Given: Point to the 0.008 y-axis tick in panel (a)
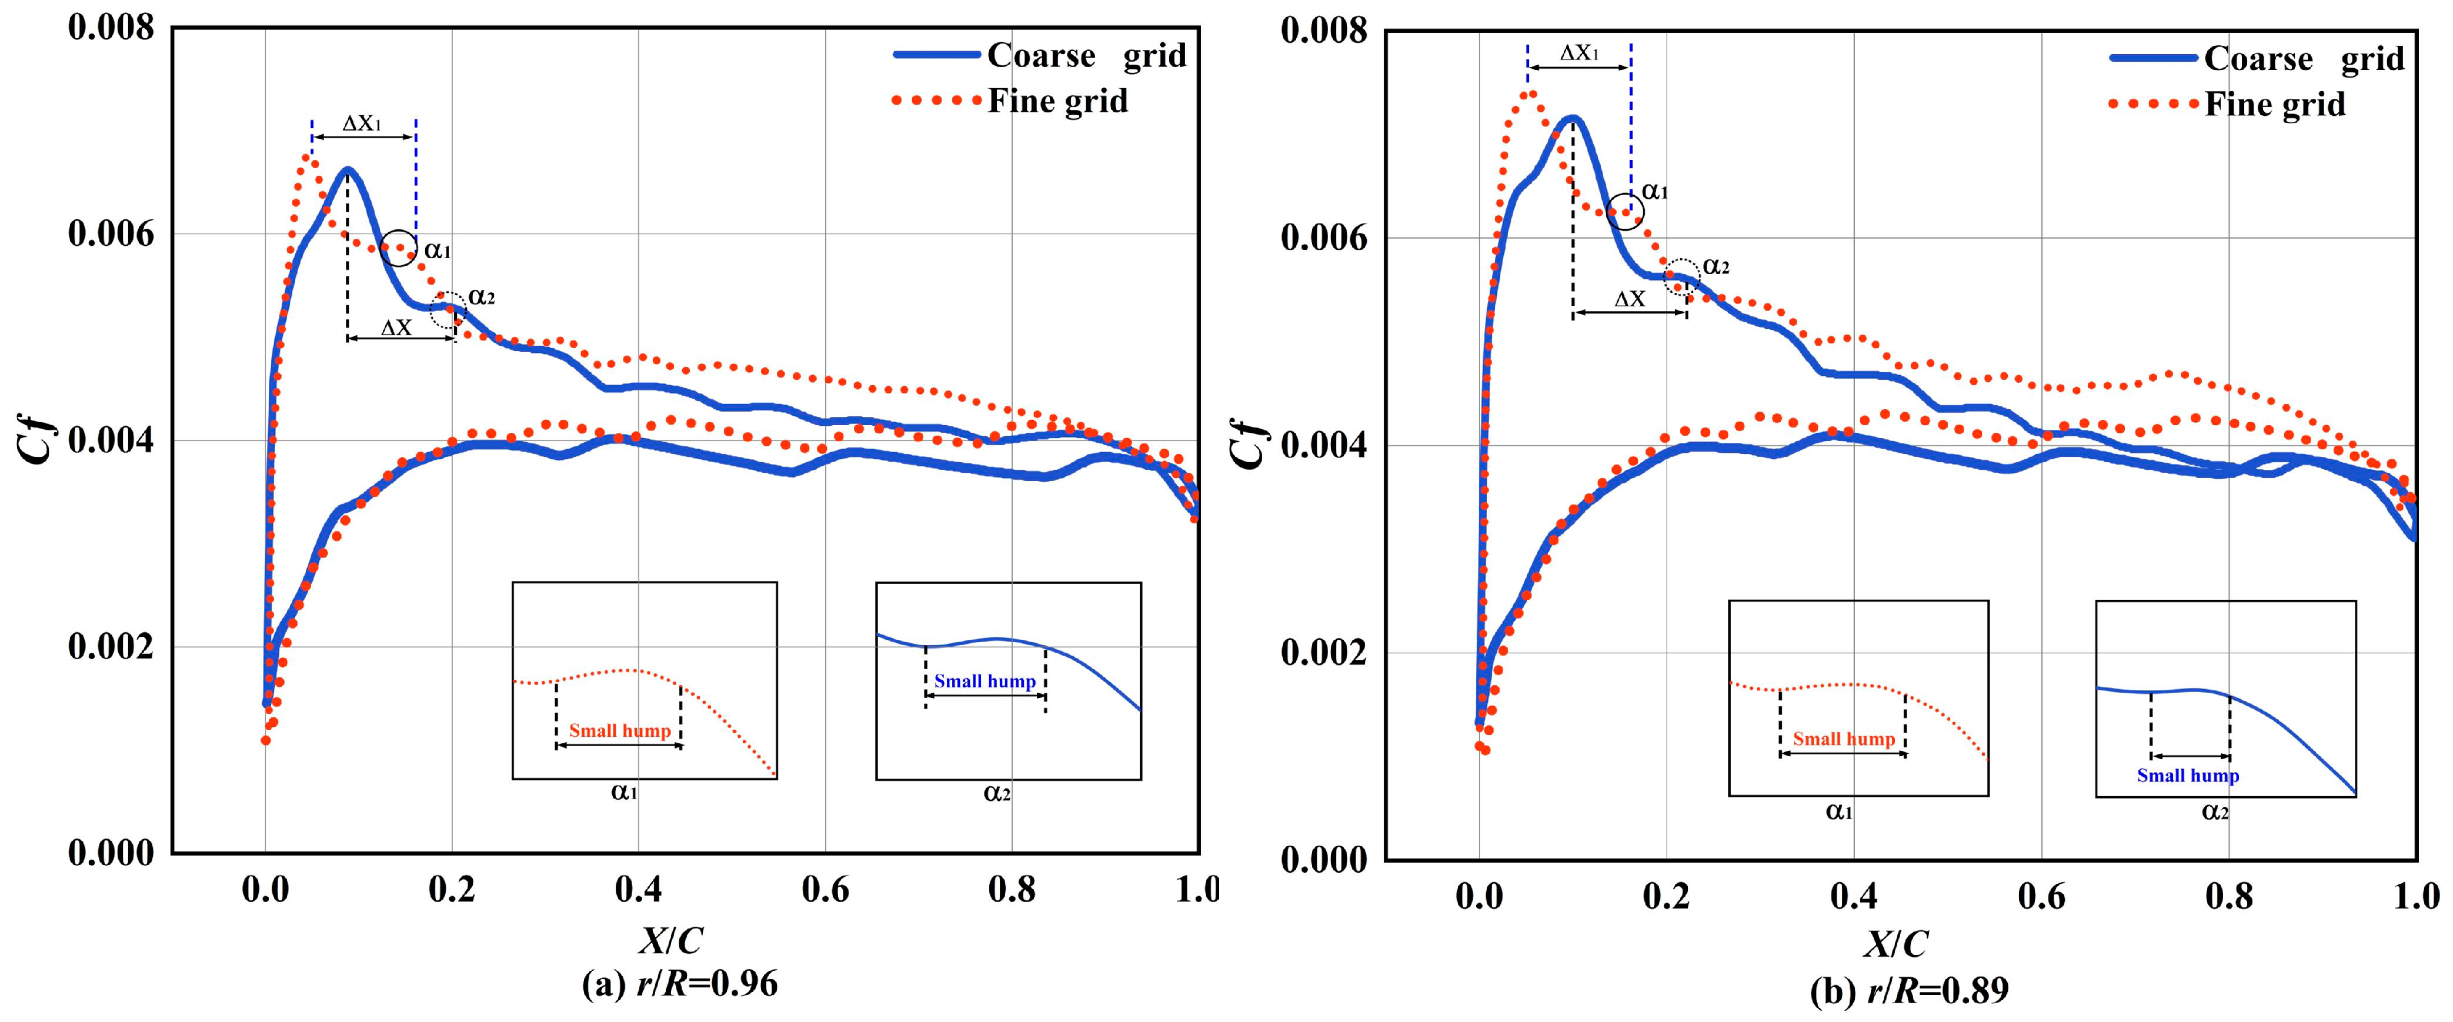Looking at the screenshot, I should point(111,29).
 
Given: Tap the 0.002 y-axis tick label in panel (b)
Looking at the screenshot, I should point(1324,653).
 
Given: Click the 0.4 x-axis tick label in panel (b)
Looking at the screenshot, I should point(1853,896).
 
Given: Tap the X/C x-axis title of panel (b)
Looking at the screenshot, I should point(1895,944).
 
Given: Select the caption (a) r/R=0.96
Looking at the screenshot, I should point(679,983).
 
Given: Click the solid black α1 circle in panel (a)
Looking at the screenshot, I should point(399,248).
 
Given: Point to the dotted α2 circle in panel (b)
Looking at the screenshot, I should point(1681,277).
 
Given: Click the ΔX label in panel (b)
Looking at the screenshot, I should point(1629,299).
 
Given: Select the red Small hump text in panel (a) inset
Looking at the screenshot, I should point(620,730).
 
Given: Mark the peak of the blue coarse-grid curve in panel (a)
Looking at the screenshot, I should point(348,169).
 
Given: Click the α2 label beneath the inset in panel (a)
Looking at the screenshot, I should point(996,793).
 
